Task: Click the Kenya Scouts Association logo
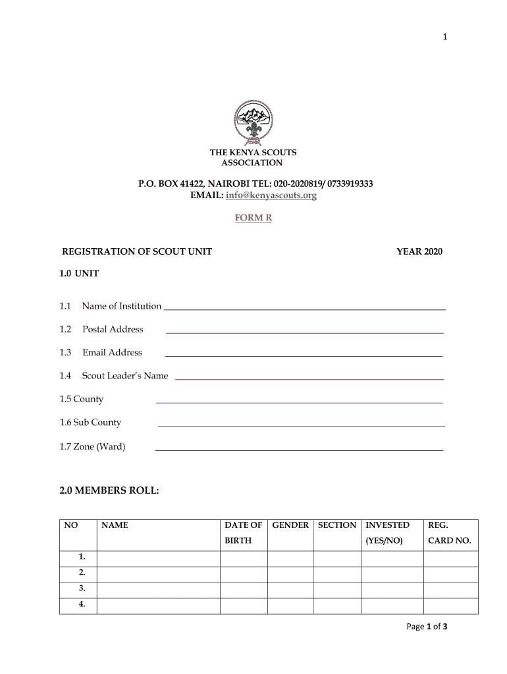click(254, 122)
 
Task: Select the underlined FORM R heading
click(254, 218)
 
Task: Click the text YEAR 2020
click(419, 252)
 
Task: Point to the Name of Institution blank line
click(304, 308)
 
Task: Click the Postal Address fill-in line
click(304, 332)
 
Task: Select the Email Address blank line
click(303, 355)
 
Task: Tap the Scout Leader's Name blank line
click(309, 378)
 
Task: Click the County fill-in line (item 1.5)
click(299, 402)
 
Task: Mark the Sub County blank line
click(301, 425)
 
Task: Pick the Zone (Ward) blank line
click(299, 449)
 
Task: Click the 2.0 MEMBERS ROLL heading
click(109, 490)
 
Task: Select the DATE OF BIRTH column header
click(244, 533)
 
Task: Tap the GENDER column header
click(290, 525)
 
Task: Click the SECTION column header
click(337, 525)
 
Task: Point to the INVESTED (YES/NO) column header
click(388, 533)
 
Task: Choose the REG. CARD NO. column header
click(450, 533)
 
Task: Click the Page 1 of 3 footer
click(427, 627)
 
